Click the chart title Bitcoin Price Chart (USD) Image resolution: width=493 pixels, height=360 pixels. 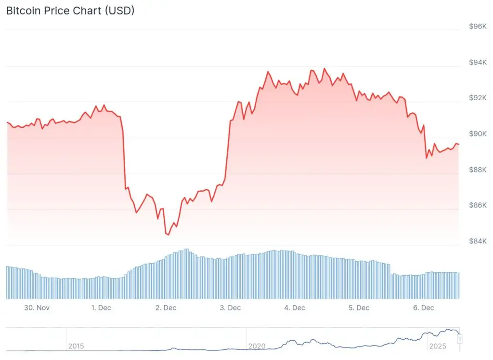coord(70,11)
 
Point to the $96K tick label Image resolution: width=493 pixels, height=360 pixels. coord(478,27)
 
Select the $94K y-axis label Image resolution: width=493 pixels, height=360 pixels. coord(478,62)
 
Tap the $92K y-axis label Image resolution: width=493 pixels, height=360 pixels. coord(478,98)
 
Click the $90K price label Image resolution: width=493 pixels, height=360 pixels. coord(478,133)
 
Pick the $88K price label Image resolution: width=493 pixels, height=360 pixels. coord(478,170)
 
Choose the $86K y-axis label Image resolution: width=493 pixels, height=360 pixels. coord(478,205)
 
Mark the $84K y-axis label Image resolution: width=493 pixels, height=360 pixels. coord(478,241)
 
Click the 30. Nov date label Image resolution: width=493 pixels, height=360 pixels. coord(37,308)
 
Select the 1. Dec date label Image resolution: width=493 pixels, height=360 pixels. coord(102,308)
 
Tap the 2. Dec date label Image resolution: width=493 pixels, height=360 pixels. coord(166,308)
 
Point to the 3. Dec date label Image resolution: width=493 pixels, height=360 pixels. coord(230,308)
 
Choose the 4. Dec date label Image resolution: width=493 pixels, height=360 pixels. coord(295,308)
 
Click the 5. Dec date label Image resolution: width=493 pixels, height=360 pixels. coord(359,308)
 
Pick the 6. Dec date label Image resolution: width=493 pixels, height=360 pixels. coord(423,308)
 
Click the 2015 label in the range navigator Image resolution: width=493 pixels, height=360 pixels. coord(76,346)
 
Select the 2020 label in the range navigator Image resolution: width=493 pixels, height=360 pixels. coord(257,346)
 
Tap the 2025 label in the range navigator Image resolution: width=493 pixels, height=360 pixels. coord(437,346)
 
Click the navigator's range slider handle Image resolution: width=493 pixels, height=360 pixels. coord(460,339)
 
